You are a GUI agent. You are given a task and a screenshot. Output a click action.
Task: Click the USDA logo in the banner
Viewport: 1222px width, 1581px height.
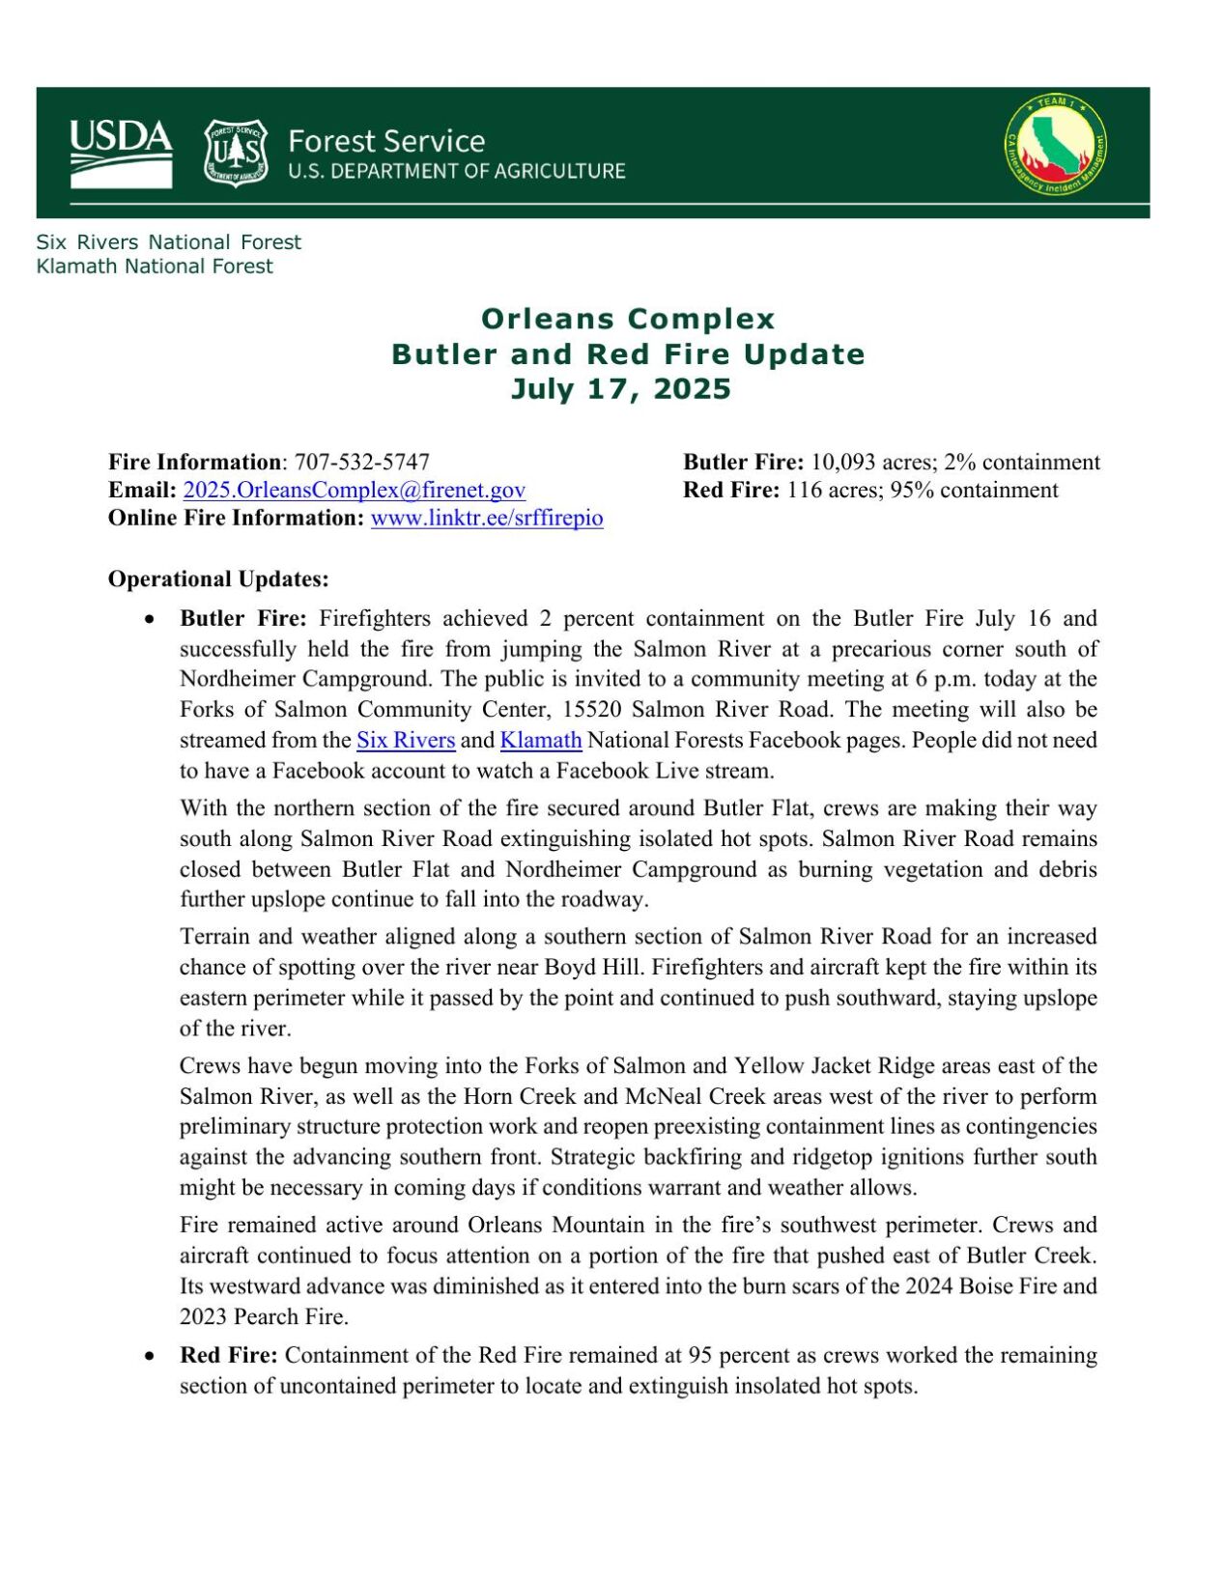tap(121, 153)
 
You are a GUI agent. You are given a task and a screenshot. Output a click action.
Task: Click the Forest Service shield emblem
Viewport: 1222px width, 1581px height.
tap(235, 153)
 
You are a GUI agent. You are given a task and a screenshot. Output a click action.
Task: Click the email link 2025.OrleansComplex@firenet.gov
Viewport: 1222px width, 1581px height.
tap(354, 490)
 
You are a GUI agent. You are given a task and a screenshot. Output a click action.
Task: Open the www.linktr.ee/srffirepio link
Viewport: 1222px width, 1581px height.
tap(487, 518)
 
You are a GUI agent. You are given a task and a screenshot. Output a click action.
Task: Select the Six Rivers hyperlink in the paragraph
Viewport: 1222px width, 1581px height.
tap(406, 740)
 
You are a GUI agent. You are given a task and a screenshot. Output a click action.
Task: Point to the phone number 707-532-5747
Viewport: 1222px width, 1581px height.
tap(361, 462)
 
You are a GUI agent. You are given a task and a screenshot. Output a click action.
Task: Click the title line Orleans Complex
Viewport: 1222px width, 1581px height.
tap(628, 319)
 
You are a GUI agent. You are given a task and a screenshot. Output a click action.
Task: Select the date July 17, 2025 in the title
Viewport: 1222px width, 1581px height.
tap(621, 388)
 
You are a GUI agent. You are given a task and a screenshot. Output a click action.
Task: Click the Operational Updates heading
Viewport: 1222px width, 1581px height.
tap(218, 579)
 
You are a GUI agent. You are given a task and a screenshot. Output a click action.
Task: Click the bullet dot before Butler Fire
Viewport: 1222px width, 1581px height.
tap(149, 619)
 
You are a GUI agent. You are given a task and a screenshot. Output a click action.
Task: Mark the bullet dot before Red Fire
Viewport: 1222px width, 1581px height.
tap(149, 1356)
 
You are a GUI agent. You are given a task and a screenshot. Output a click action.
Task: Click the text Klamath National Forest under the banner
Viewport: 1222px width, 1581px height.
tap(155, 267)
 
